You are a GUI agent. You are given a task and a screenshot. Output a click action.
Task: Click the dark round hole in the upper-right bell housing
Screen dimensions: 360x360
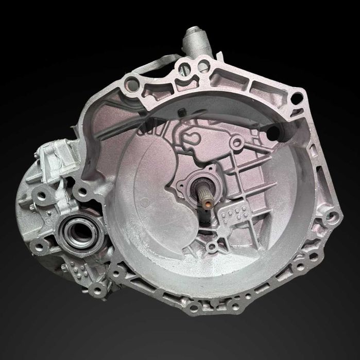pos(274,132)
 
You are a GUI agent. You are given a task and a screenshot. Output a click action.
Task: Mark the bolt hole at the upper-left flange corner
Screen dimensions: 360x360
pos(132,82)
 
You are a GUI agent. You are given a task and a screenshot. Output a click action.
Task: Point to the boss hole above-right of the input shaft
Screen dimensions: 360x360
pos(236,144)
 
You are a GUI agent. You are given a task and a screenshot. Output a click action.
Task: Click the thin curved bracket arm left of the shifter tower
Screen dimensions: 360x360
pos(162,64)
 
